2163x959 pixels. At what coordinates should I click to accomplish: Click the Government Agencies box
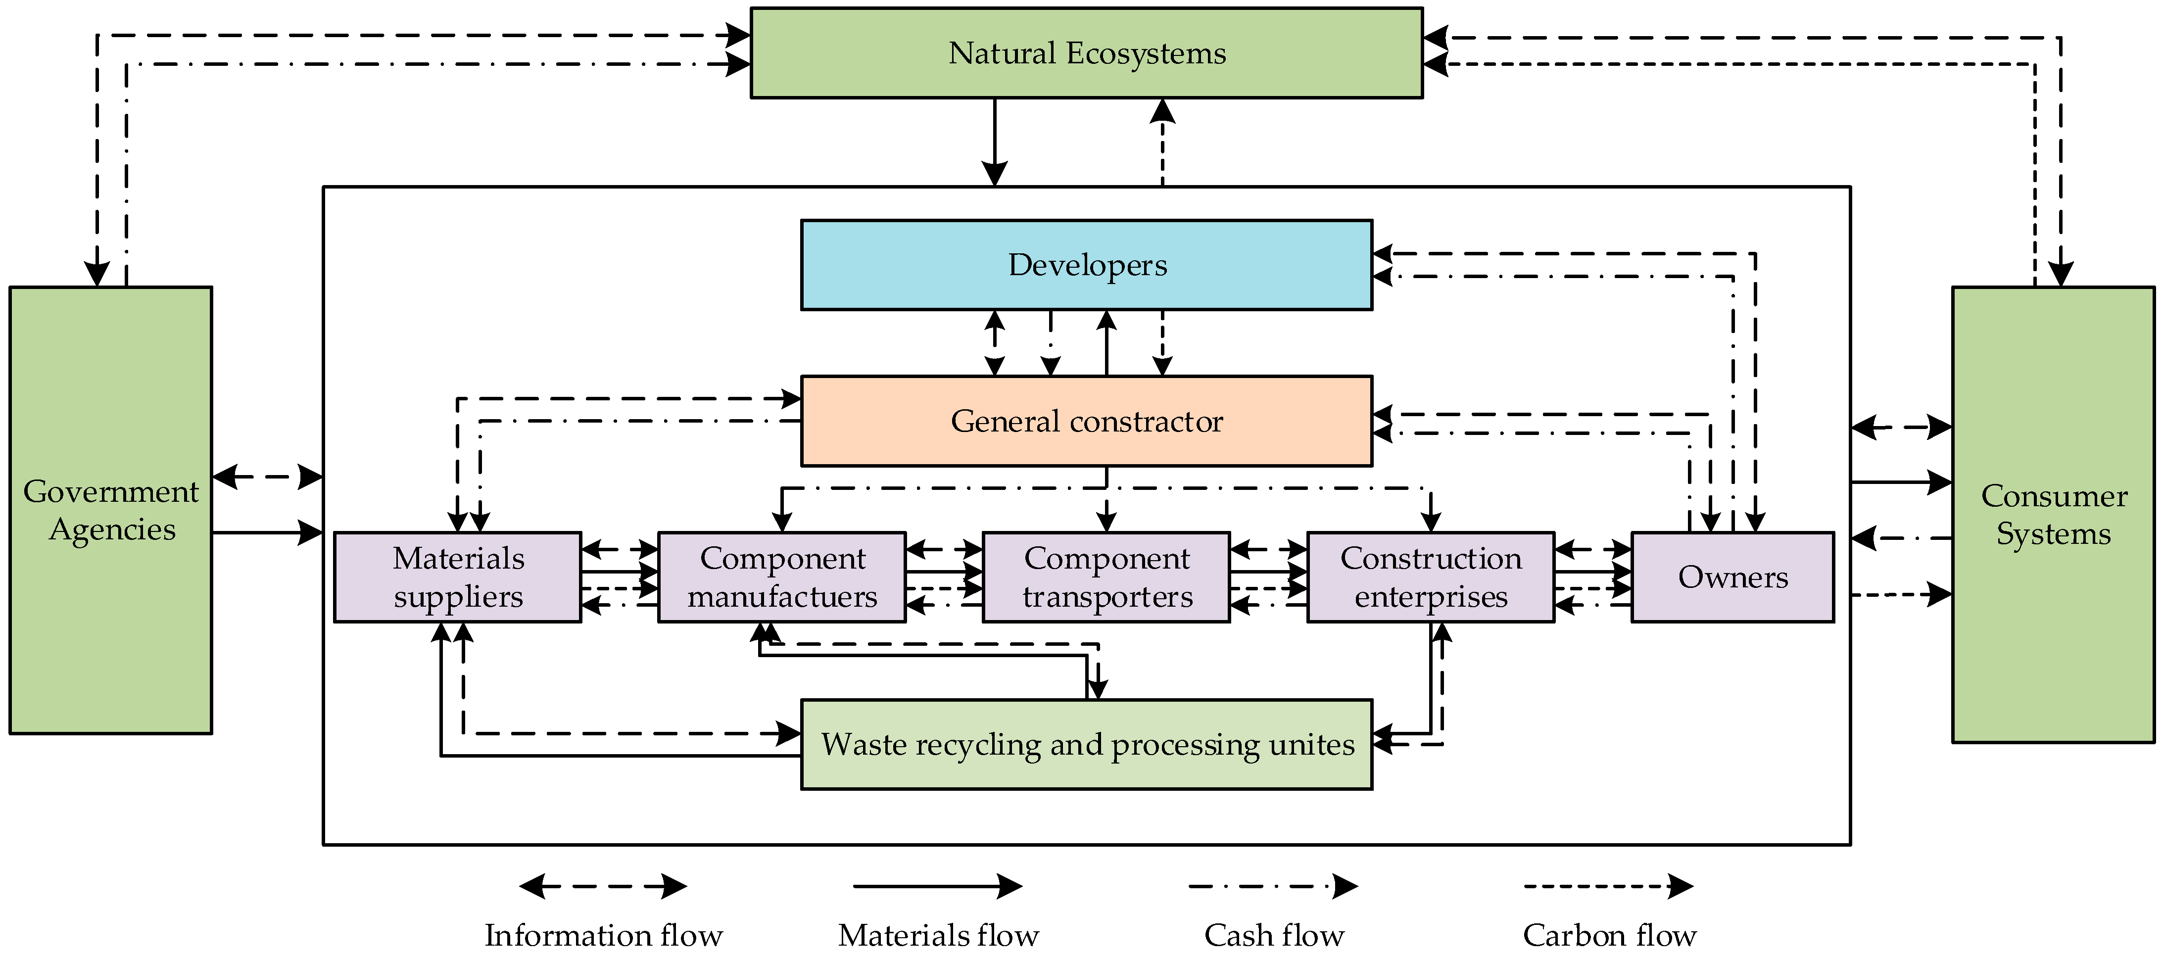point(111,510)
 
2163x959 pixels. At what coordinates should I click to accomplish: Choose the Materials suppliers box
point(458,577)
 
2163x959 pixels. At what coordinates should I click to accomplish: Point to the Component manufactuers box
point(782,577)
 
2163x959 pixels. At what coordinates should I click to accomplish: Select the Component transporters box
point(1106,577)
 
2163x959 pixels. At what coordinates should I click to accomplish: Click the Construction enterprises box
point(1430,577)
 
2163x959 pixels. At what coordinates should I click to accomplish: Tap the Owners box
point(1732,577)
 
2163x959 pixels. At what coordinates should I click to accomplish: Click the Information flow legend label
point(603,935)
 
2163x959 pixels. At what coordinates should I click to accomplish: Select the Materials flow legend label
point(938,935)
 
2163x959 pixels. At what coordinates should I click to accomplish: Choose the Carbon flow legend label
point(1609,935)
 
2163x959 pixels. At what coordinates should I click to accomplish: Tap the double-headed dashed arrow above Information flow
point(603,886)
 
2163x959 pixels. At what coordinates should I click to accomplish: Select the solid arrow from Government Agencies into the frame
point(267,532)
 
